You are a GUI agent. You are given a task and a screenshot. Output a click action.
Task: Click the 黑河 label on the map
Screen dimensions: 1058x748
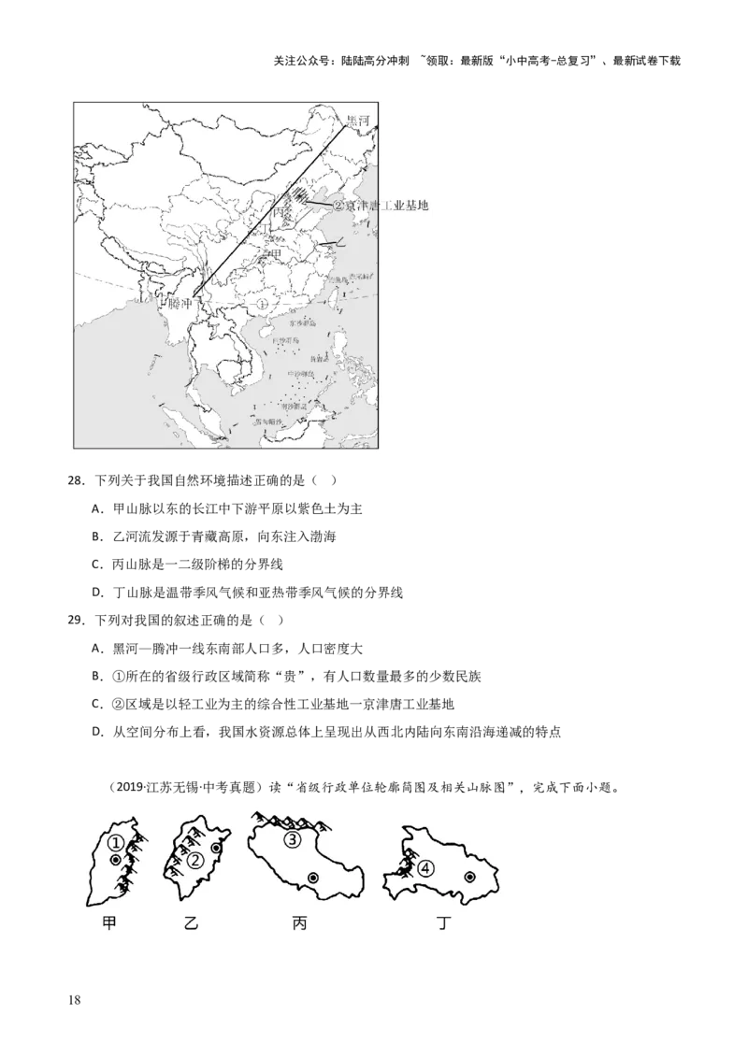(357, 121)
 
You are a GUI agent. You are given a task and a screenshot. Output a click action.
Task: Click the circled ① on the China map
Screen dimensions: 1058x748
(262, 304)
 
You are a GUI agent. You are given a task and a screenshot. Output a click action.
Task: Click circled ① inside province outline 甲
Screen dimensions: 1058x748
(114, 843)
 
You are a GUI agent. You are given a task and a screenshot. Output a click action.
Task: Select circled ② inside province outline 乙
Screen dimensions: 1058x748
(195, 861)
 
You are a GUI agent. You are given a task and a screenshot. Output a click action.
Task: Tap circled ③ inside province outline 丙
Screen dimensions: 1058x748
(293, 839)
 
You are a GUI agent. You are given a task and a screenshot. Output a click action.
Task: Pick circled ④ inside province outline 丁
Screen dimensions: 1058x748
(426, 868)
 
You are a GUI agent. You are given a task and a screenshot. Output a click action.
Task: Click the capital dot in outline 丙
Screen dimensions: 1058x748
(312, 878)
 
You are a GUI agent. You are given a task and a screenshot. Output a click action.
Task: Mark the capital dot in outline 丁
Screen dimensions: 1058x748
(469, 877)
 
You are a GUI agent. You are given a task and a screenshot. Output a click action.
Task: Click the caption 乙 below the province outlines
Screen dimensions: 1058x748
(191, 923)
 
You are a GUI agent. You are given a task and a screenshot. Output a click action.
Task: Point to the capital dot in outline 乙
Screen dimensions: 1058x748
(217, 849)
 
